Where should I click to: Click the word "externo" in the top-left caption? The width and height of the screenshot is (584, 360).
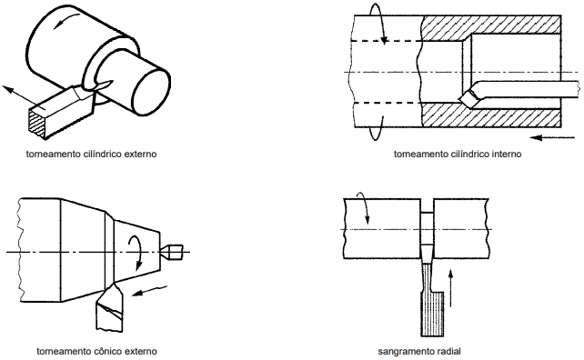[x=140, y=155]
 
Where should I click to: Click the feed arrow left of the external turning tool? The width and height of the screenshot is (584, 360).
[x=25, y=97]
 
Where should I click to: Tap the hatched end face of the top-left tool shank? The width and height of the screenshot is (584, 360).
[x=38, y=122]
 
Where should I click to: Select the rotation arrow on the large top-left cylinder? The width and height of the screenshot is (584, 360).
[x=66, y=19]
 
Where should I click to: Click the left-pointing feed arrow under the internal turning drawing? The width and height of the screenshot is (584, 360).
[x=552, y=138]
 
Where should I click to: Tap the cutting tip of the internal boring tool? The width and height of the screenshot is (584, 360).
[x=461, y=99]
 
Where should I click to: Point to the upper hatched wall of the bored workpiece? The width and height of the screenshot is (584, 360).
[x=491, y=27]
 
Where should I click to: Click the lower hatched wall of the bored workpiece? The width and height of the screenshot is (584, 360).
[x=491, y=115]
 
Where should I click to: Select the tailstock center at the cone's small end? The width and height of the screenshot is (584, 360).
[x=172, y=252]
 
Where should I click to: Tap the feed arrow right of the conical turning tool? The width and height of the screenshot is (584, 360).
[x=149, y=290]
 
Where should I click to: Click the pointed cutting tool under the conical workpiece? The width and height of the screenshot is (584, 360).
[x=110, y=306]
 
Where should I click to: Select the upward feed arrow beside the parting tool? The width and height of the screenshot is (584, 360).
[x=450, y=288]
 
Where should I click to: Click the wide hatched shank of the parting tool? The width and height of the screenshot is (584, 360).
[x=432, y=314]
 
